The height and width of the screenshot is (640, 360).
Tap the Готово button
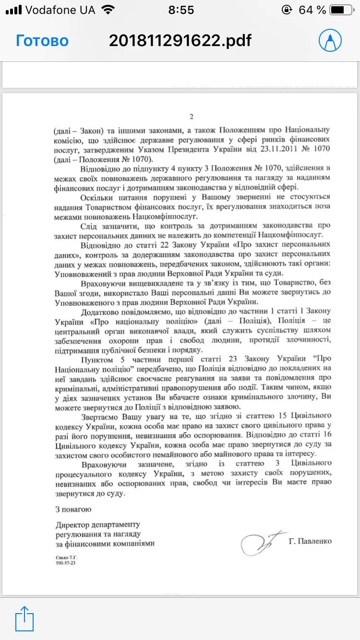42,41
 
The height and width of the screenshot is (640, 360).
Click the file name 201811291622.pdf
180,41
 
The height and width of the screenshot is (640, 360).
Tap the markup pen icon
330,41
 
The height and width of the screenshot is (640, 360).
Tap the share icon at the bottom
24,619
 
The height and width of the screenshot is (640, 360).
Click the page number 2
191,117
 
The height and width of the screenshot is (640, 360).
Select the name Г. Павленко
310,541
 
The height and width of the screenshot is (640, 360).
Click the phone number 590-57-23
66,563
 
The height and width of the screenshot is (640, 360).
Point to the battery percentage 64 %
312,10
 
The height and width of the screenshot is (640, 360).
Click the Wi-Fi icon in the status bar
108,10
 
